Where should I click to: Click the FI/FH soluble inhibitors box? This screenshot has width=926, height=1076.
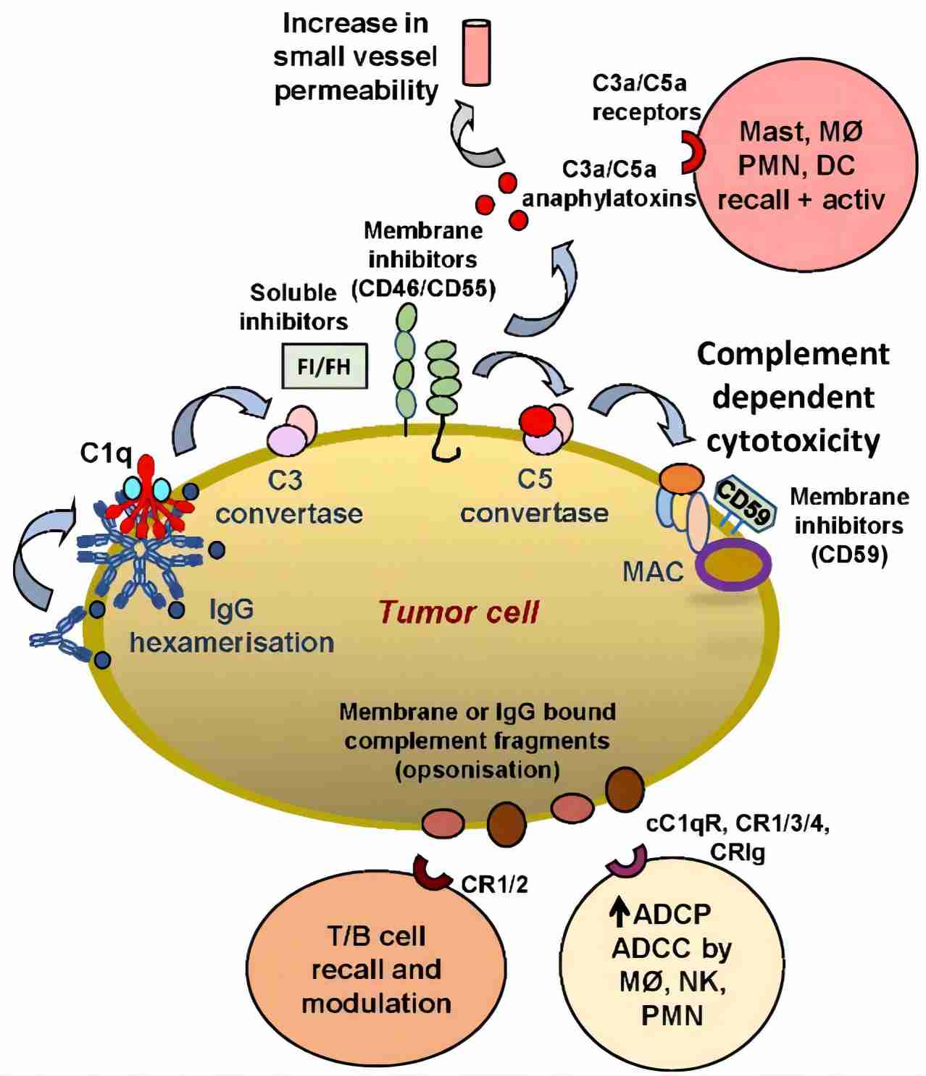point(324,366)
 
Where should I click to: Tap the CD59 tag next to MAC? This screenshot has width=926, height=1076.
point(743,505)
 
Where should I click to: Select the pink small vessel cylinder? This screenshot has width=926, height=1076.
point(476,52)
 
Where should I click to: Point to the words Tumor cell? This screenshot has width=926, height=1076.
point(458,613)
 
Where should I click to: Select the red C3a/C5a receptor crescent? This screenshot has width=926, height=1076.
point(692,152)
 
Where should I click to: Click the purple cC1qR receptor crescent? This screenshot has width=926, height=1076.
point(625,861)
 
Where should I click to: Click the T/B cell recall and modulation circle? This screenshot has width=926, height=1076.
point(376,970)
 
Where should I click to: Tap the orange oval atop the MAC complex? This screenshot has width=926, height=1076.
point(681,478)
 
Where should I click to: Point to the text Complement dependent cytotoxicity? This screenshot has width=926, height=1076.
point(793,397)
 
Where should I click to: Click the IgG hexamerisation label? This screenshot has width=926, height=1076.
point(232,626)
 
